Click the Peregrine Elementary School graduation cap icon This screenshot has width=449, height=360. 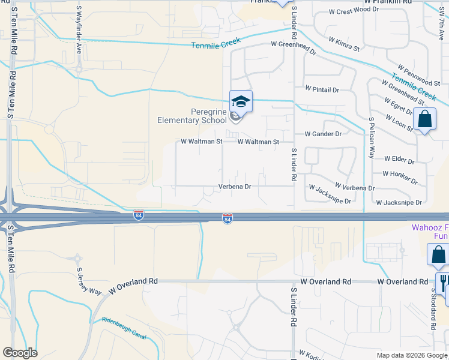click(x=241, y=101)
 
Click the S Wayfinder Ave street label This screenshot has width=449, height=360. click(x=79, y=29)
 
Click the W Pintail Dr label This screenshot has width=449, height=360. click(x=322, y=89)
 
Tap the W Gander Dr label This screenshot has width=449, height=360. click(x=323, y=134)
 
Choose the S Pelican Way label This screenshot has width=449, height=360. click(x=372, y=137)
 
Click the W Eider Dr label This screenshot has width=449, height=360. click(x=399, y=161)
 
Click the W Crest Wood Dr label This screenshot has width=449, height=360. click(x=354, y=10)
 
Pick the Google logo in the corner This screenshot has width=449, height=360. click(x=20, y=353)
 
